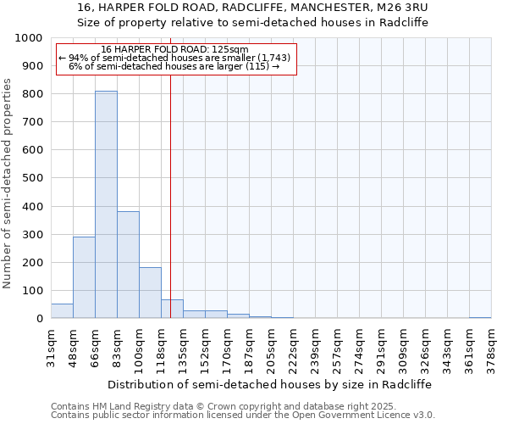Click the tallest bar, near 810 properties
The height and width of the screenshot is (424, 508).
pyautogui.click(x=106, y=204)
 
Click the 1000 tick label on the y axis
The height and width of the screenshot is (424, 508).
pyautogui.click(x=29, y=38)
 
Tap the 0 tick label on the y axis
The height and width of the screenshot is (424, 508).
pyautogui.click(x=39, y=319)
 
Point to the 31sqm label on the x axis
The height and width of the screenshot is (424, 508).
pyautogui.click(x=51, y=347)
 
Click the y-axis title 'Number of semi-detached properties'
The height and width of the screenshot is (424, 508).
pyautogui.click(x=8, y=183)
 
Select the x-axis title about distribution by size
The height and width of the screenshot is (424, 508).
pyautogui.click(x=269, y=384)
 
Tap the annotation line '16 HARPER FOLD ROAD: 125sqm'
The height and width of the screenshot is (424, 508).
pyautogui.click(x=174, y=50)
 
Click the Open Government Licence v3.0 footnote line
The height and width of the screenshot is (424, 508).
pyautogui.click(x=243, y=416)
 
